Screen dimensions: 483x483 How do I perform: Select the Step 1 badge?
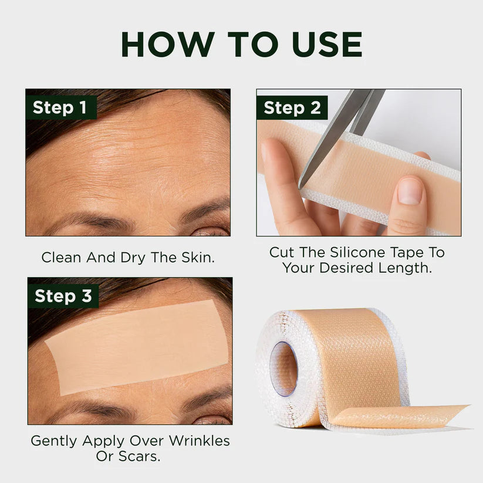[60, 107]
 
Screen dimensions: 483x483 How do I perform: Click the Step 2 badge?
[292, 107]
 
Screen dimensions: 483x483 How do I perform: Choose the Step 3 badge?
[63, 296]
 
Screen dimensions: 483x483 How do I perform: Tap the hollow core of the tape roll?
[283, 369]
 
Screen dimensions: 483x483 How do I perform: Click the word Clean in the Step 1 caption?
[61, 257]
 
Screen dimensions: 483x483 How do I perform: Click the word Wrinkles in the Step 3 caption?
[197, 440]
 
